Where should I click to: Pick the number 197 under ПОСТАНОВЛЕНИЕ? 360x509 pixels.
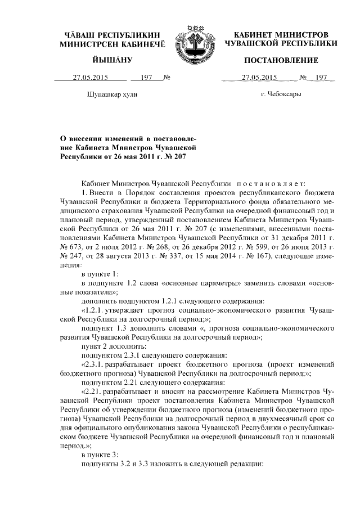pos(321,78)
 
